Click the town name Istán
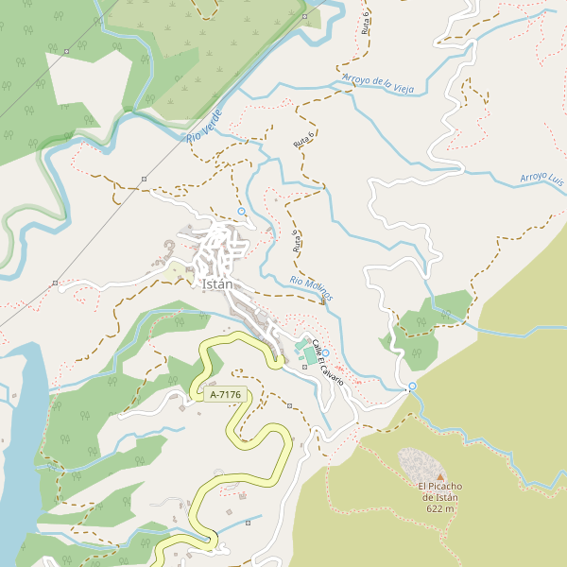(217, 282)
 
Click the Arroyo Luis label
(542, 177)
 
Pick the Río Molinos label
(312, 289)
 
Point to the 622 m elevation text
(440, 508)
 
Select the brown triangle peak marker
(439, 475)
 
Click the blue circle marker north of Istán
(242, 211)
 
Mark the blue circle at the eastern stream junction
(411, 387)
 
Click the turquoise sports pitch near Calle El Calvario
(309, 355)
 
